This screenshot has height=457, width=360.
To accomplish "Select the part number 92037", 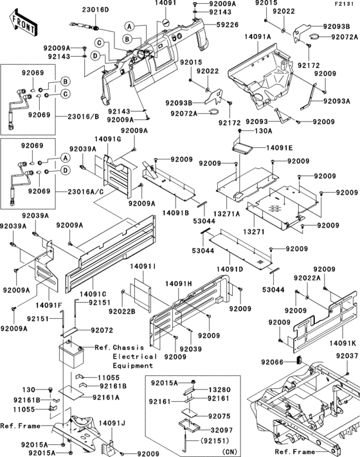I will point(346,355).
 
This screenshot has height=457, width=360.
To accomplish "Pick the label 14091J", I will point(109,423).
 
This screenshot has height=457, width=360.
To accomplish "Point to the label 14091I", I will point(142,265).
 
